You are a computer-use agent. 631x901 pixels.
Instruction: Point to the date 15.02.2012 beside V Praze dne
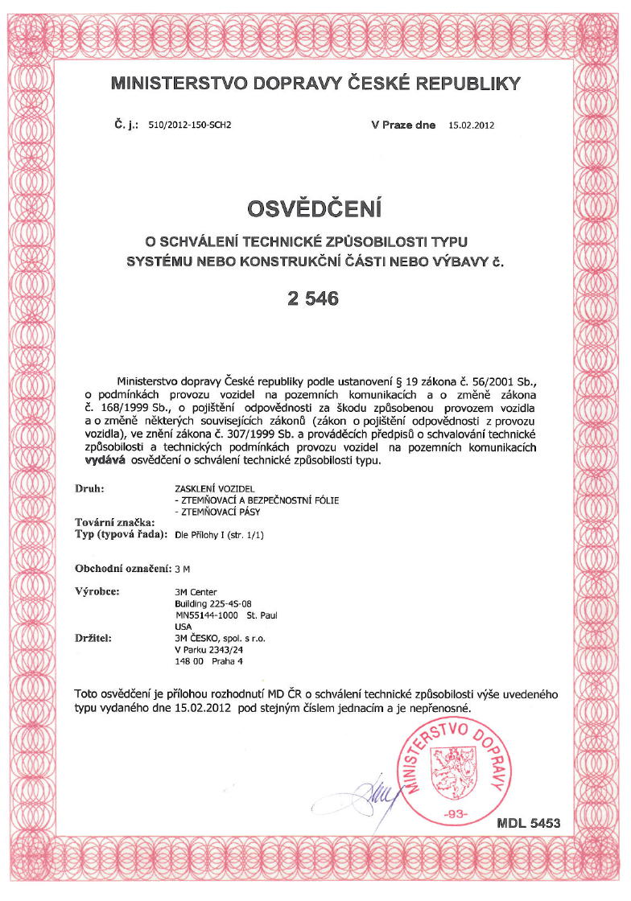(471, 125)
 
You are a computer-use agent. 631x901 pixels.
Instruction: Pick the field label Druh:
(90, 488)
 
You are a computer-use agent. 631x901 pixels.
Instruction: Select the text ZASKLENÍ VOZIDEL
(214, 489)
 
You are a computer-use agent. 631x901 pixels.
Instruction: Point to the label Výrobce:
(97, 592)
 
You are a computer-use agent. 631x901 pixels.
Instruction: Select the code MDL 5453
(528, 823)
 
